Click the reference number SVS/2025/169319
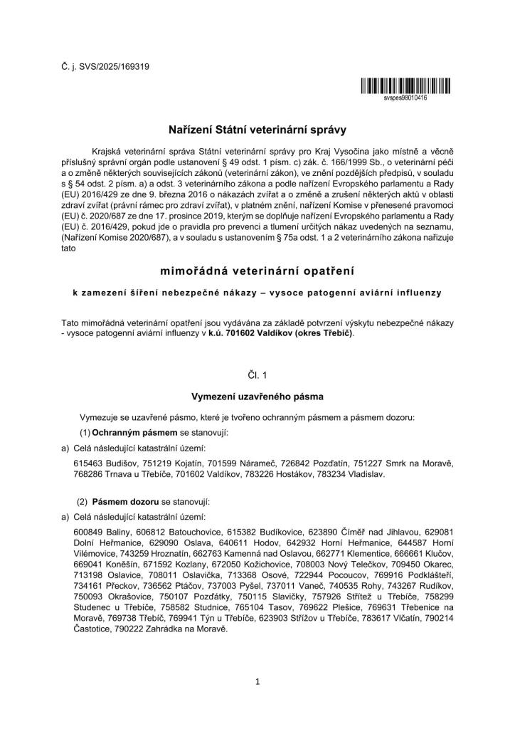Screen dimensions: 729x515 (107, 67)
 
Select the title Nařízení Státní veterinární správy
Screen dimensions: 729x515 (257, 130)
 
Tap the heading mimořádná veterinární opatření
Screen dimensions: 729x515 (257, 271)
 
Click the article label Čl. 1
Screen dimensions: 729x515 (257, 372)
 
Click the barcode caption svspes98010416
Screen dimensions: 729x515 (405, 98)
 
